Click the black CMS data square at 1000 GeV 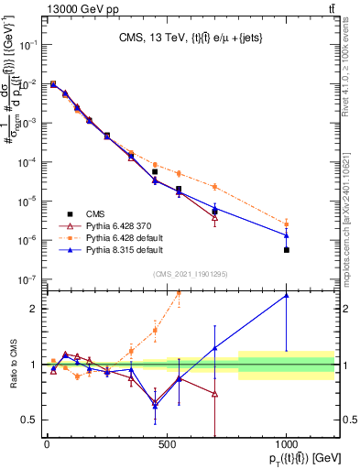tap(287, 249)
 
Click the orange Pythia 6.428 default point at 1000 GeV tap(287, 224)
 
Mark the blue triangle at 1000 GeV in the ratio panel tap(287, 295)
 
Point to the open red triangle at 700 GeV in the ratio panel tap(214, 394)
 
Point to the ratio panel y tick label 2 tap(34, 309)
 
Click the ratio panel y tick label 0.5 tap(30, 420)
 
